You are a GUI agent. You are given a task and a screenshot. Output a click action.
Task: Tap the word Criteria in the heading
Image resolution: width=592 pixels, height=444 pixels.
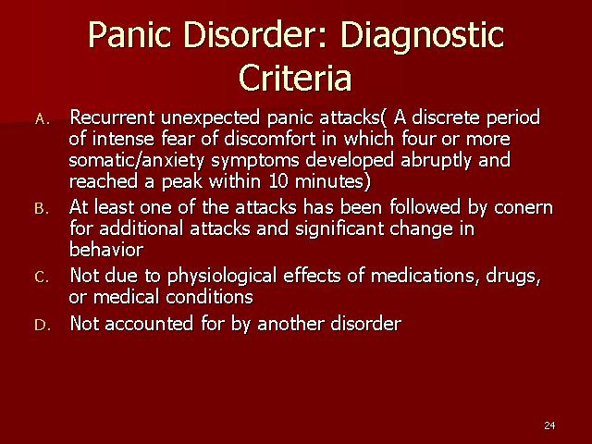point(295,78)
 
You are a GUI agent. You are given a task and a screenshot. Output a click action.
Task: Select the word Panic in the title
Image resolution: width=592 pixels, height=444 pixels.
point(129,35)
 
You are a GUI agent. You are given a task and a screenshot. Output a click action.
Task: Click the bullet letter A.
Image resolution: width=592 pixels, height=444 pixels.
point(43,119)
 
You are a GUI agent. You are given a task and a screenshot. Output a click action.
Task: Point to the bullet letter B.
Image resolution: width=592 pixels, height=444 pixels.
point(42,208)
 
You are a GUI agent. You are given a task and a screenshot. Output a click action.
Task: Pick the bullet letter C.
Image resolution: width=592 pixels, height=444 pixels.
point(42,277)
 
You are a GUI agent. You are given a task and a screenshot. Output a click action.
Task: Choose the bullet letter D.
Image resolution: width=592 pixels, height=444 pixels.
point(43,325)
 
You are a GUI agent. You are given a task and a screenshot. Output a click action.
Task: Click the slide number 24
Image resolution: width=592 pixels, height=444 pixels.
point(549,425)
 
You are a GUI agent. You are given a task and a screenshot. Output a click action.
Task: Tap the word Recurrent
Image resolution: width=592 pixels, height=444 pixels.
point(112,117)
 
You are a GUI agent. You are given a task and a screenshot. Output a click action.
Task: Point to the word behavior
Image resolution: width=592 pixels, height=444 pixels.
point(106,250)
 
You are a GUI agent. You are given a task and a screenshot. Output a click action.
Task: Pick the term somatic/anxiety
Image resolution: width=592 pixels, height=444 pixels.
point(137,161)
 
